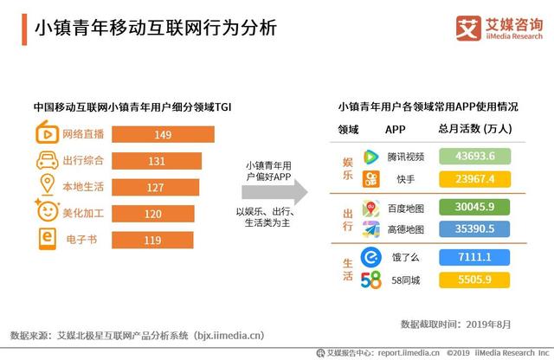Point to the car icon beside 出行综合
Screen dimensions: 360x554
tap(46, 161)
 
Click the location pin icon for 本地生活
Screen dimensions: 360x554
tap(46, 187)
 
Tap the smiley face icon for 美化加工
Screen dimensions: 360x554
tap(46, 212)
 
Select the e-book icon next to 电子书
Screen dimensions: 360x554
tap(46, 240)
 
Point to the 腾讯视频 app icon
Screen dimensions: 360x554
tap(370, 157)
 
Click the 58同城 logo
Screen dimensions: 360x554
tap(370, 280)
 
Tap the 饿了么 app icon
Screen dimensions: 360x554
tap(370, 257)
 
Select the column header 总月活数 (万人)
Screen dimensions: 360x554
tap(475, 130)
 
